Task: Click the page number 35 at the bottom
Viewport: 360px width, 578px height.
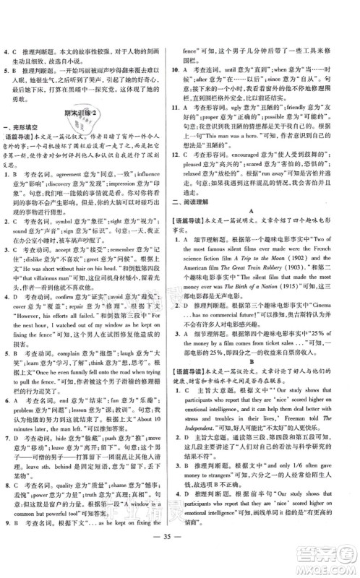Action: click(179, 556)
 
